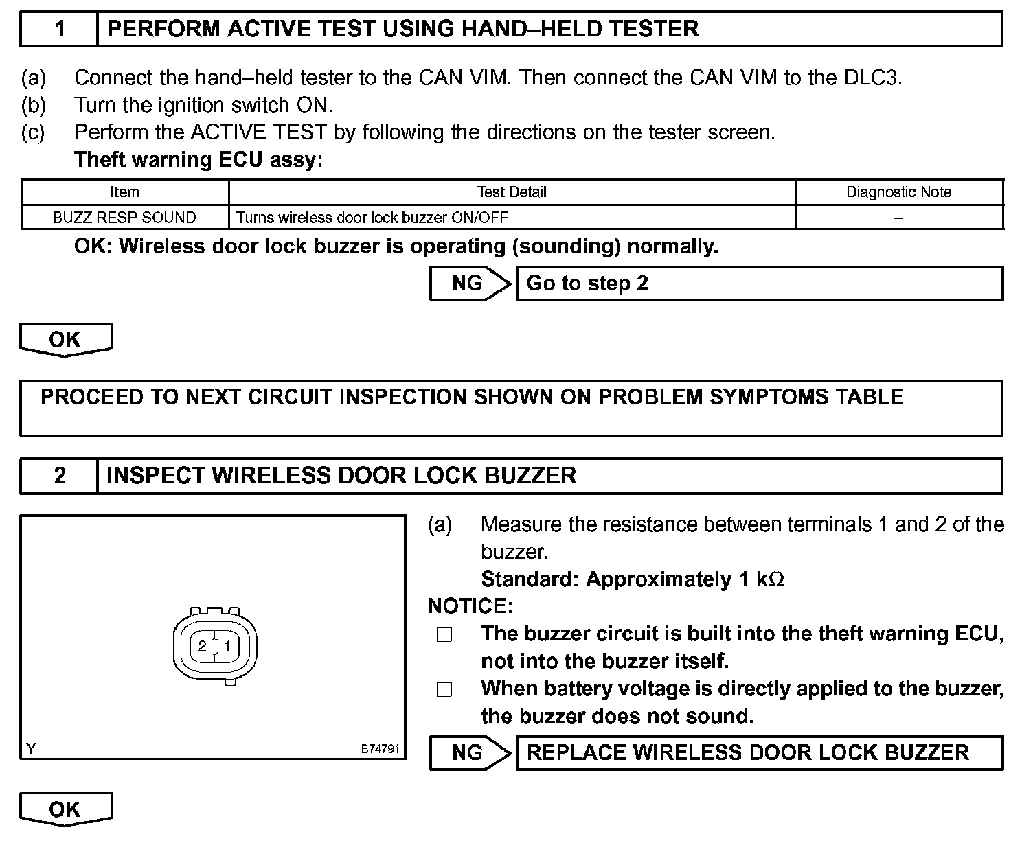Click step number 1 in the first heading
pyautogui.click(x=60, y=30)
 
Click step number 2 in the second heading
pyautogui.click(x=60, y=476)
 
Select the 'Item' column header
pyautogui.click(x=124, y=192)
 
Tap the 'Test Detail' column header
pyautogui.click(x=512, y=192)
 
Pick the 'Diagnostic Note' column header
pyautogui.click(x=898, y=192)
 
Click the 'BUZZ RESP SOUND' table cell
pyautogui.click(x=124, y=218)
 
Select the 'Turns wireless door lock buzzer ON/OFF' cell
pyautogui.click(x=372, y=218)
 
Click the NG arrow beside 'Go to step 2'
pyautogui.click(x=470, y=284)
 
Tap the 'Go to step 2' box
pyautogui.click(x=759, y=284)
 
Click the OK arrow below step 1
pyautogui.click(x=65, y=339)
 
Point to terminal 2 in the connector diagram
pyautogui.click(x=202, y=646)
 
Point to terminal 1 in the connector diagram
pyautogui.click(x=227, y=646)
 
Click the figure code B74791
pyautogui.click(x=380, y=749)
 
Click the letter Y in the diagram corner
pyautogui.click(x=31, y=749)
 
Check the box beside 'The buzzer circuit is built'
pyautogui.click(x=444, y=635)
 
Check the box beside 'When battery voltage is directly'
pyautogui.click(x=444, y=690)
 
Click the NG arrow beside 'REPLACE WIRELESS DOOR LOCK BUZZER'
pyautogui.click(x=470, y=753)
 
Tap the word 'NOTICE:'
pyautogui.click(x=470, y=606)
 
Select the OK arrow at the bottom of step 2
pyautogui.click(x=65, y=809)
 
